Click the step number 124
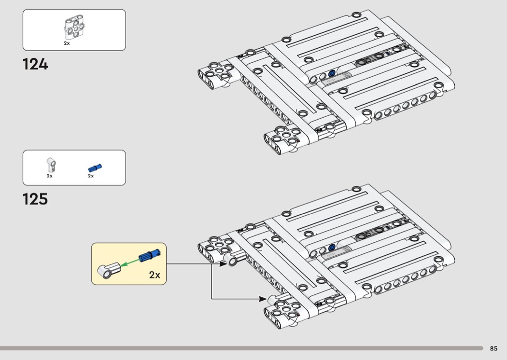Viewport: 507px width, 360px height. point(35,64)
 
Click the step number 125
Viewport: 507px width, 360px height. point(35,199)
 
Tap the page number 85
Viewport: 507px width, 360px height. point(493,348)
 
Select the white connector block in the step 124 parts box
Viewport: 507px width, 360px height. point(73,29)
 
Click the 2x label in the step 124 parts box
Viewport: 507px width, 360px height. point(67,43)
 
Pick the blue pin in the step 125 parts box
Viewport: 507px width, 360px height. point(95,167)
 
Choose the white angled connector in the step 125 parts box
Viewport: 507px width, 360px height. point(51,165)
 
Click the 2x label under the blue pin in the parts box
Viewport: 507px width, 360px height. point(91,176)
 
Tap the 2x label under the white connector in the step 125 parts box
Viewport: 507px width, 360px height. point(49,176)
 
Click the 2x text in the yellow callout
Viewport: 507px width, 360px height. point(155,275)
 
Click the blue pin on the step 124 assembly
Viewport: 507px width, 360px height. point(332,74)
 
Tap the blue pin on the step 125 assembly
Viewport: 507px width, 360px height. point(332,248)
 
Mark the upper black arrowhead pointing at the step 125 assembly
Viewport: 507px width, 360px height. point(224,264)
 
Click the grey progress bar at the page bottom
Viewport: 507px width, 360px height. point(241,348)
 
